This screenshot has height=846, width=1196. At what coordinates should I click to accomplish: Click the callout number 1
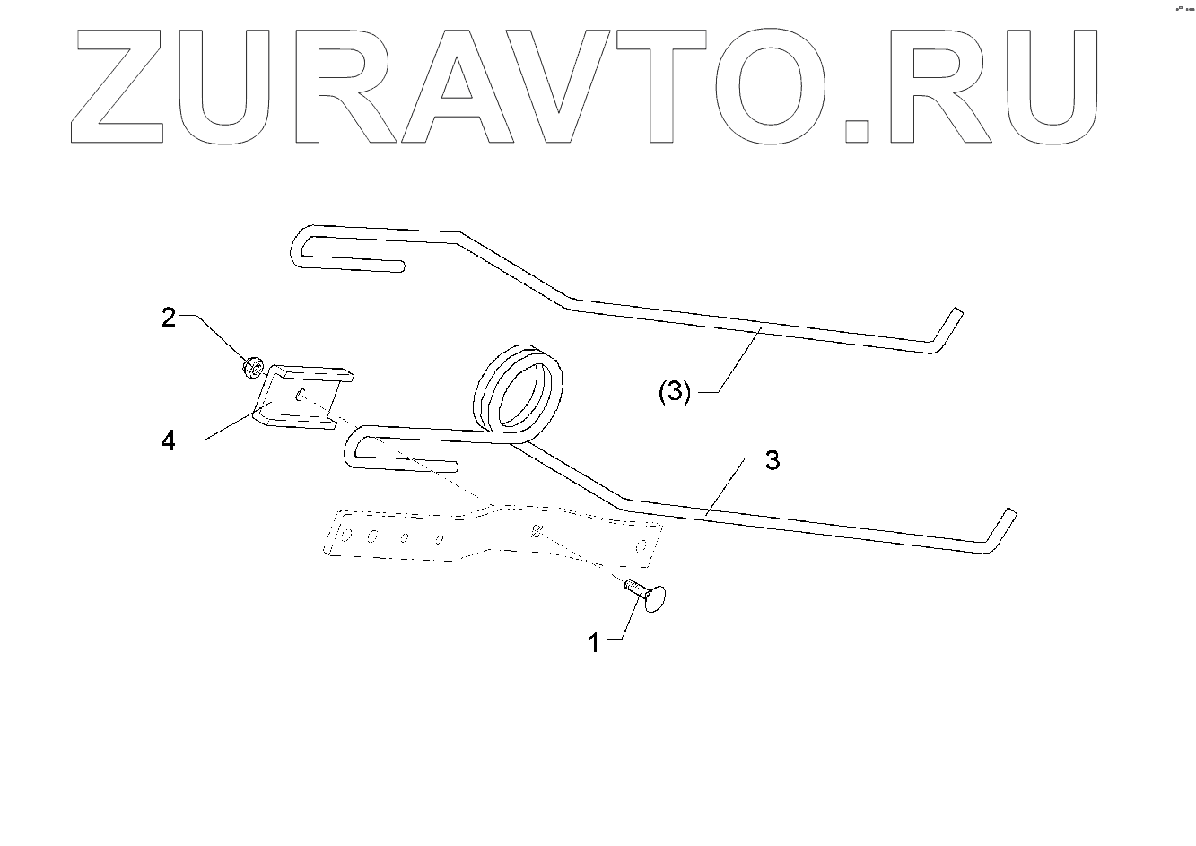593,642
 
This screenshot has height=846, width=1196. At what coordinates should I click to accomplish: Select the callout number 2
169,317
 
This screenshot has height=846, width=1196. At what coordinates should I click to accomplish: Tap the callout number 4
169,441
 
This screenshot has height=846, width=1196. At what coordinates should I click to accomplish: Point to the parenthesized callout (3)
675,393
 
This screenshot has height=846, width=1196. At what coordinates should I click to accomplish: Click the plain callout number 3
772,461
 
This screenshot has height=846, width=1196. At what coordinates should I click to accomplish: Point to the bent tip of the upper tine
947,327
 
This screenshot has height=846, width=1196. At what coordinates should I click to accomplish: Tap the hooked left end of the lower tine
355,449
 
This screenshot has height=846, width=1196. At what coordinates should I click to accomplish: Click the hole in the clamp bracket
301,393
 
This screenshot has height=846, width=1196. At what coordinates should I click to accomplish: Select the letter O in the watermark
764,85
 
